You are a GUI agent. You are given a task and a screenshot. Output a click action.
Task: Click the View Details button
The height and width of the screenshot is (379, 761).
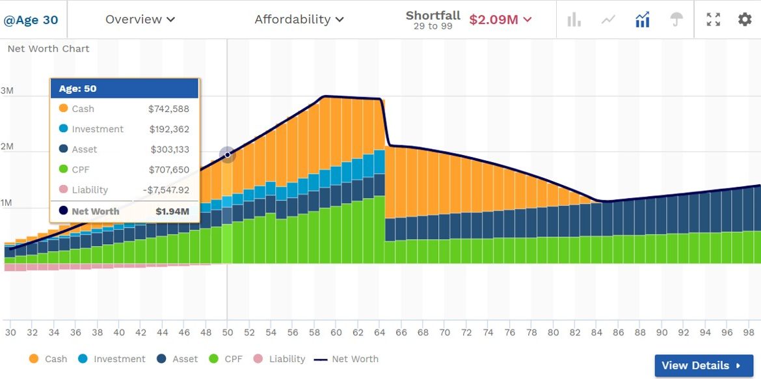703,365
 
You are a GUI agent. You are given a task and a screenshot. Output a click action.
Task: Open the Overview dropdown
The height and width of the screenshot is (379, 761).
140,20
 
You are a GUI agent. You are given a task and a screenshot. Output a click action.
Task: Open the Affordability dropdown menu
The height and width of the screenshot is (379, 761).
299,20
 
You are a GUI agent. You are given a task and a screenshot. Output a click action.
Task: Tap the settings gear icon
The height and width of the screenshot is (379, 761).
745,20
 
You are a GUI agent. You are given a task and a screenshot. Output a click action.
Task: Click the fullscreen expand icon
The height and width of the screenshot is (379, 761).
714,20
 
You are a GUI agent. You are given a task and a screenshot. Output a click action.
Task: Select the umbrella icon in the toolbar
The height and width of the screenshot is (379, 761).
677,20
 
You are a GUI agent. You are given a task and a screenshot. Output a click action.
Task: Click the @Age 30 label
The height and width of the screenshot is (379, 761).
31,20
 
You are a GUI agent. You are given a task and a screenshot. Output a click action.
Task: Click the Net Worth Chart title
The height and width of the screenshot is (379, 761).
49,49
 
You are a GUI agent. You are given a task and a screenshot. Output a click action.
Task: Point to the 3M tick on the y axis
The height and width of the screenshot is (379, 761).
7,91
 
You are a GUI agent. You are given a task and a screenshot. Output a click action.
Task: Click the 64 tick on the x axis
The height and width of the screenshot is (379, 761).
379,332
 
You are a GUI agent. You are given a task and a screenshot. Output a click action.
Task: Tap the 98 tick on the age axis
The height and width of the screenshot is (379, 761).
749,332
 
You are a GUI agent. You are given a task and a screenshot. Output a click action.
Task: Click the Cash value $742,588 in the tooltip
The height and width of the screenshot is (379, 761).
168,109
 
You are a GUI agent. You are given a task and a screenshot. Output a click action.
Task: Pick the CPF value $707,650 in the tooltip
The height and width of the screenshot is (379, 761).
168,170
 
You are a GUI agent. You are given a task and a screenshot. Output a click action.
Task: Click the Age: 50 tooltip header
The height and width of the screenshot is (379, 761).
124,89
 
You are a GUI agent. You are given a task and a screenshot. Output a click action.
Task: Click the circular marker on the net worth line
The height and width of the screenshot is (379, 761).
227,154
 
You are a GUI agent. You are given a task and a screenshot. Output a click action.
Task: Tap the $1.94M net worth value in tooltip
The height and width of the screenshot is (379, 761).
172,211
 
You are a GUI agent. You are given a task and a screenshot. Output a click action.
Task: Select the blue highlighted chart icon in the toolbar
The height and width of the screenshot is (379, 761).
643,20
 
